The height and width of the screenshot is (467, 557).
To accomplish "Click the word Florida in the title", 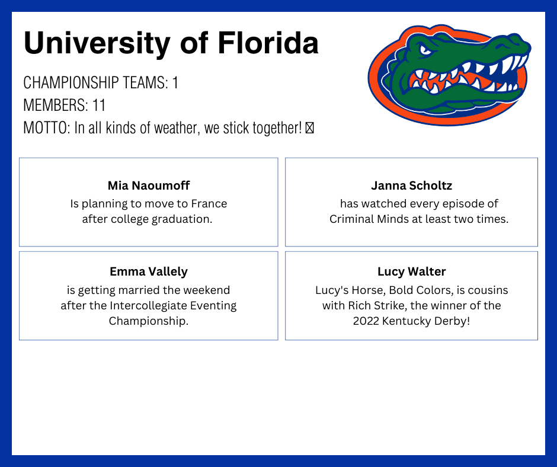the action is click(268, 43).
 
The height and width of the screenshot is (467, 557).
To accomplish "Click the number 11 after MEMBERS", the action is click(99, 105).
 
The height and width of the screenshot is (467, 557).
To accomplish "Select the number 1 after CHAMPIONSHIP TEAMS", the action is click(175, 83).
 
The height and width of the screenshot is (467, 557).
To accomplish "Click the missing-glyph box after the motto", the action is click(309, 128).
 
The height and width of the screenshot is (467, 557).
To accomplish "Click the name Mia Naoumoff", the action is click(149, 185).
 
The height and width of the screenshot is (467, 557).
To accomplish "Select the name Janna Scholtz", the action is click(411, 185).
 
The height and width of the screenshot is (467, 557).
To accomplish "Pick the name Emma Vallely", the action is click(149, 272).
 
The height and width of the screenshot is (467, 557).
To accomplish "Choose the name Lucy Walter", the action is click(411, 272).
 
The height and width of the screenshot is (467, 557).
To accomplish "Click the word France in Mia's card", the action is click(209, 204).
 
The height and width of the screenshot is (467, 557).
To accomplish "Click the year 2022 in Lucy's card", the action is click(366, 321).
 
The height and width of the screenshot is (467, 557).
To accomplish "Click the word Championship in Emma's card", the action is click(149, 321).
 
